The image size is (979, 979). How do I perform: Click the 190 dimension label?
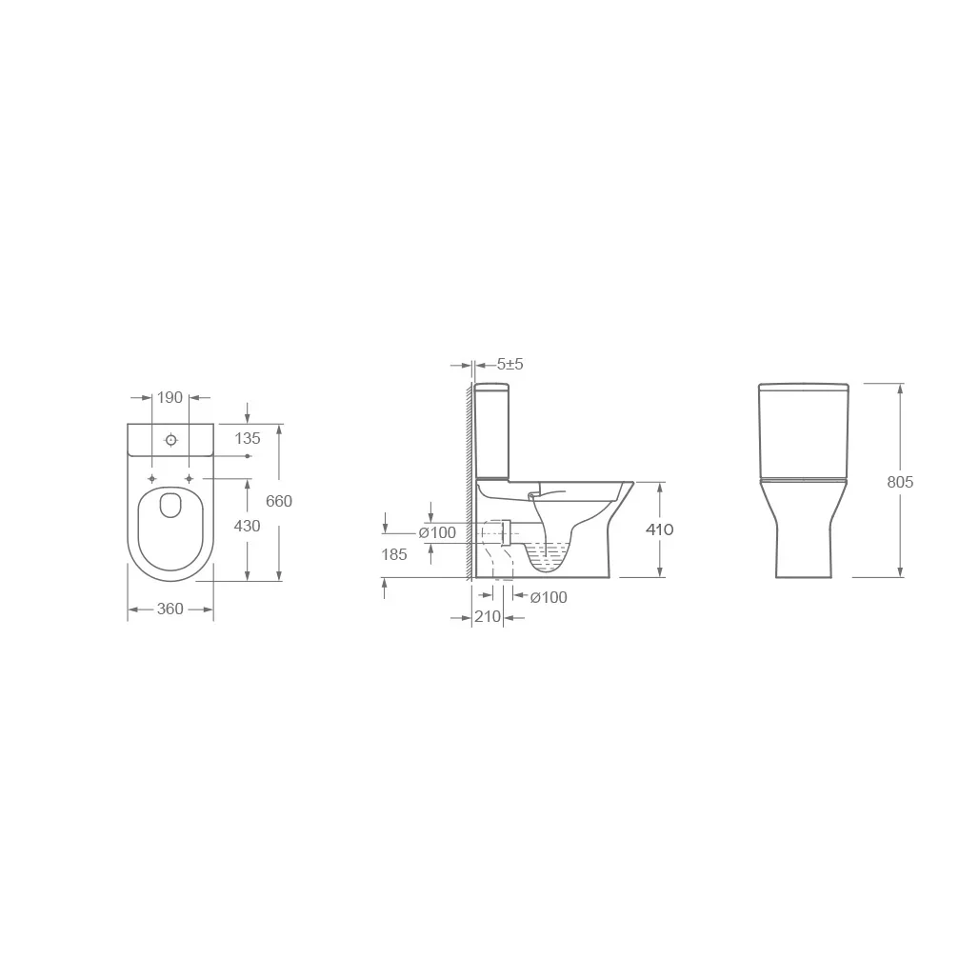pyautogui.click(x=170, y=398)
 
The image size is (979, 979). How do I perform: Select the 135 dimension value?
pyautogui.click(x=248, y=438)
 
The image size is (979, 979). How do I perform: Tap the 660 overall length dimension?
pyautogui.click(x=279, y=501)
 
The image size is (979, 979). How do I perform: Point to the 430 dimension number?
pyautogui.click(x=248, y=527)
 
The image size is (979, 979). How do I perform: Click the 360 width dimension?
pyautogui.click(x=170, y=609)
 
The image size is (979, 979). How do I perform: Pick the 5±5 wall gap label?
pyautogui.click(x=510, y=364)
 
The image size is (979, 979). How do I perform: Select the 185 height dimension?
pyautogui.click(x=394, y=554)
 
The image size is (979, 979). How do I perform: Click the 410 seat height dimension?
pyautogui.click(x=659, y=529)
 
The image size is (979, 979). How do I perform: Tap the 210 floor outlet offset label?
pyautogui.click(x=488, y=617)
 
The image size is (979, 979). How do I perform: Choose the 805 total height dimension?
pyautogui.click(x=900, y=482)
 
